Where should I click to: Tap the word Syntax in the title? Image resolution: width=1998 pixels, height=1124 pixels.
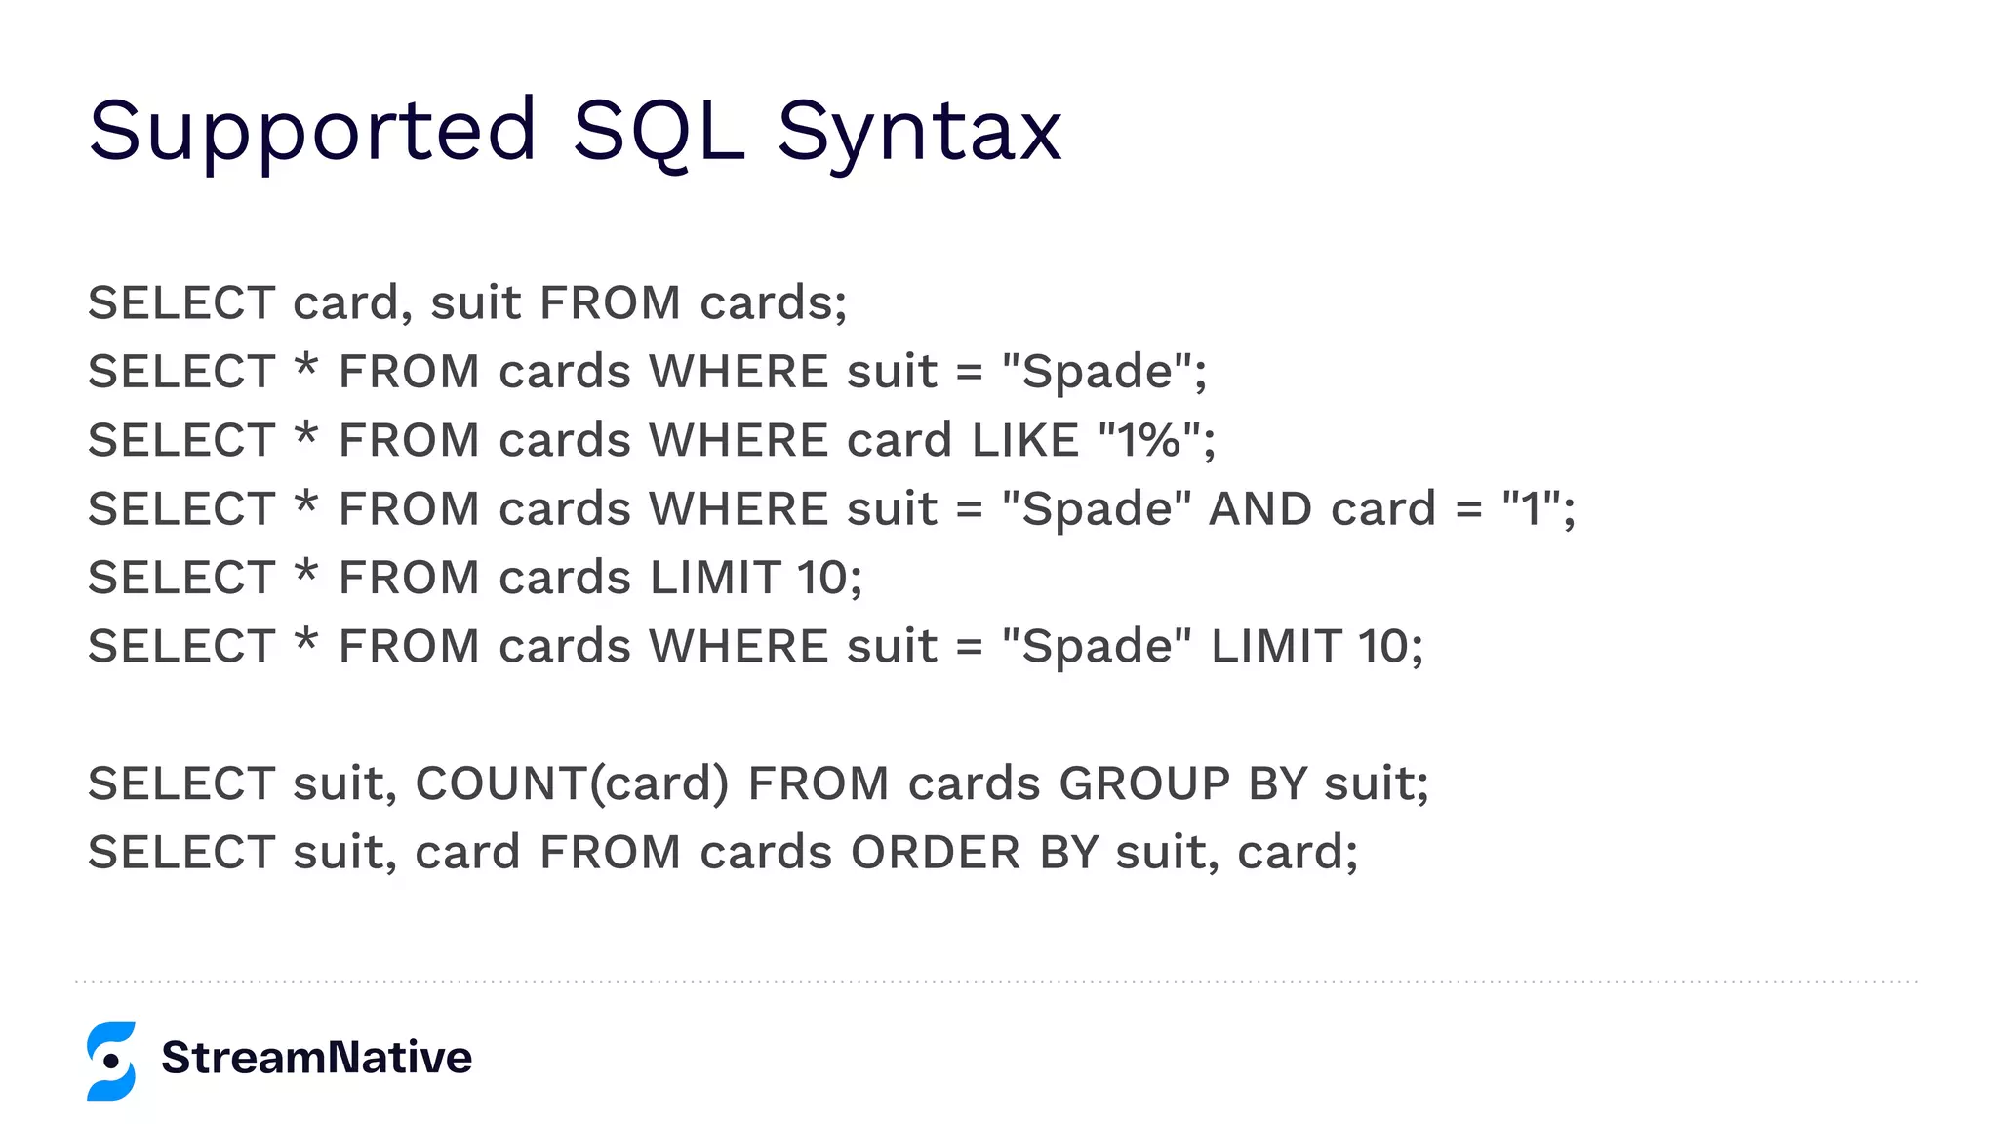pyautogui.click(x=919, y=132)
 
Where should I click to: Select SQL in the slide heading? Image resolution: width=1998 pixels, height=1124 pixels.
pyautogui.click(x=659, y=132)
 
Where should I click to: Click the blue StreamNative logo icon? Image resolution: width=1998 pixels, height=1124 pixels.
pyautogui.click(x=111, y=1061)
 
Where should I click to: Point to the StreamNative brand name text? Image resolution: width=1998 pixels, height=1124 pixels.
pyautogui.click(x=317, y=1058)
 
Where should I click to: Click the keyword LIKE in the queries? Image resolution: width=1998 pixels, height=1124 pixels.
pyautogui.click(x=1024, y=440)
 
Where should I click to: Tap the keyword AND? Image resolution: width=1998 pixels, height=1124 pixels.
pyautogui.click(x=1260, y=509)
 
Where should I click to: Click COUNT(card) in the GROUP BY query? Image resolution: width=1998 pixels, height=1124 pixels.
pyautogui.click(x=572, y=783)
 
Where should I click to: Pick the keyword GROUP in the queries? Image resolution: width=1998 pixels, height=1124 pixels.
pyautogui.click(x=1144, y=783)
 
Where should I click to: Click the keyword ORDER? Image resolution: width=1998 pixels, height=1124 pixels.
pyautogui.click(x=936, y=853)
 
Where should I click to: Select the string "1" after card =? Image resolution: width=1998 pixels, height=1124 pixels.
pyautogui.click(x=1530, y=509)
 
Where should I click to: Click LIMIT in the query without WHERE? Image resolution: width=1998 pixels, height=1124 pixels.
pyautogui.click(x=714, y=578)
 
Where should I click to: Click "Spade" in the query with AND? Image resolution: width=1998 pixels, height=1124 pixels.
pyautogui.click(x=1098, y=509)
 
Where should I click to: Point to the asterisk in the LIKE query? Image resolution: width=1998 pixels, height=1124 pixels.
pyautogui.click(x=306, y=435)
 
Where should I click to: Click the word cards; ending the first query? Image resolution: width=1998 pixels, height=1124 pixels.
pyautogui.click(x=774, y=303)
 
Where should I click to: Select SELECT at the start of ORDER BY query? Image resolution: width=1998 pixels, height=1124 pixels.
pyautogui.click(x=181, y=853)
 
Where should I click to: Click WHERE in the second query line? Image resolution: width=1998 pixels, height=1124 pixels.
pyautogui.click(x=739, y=372)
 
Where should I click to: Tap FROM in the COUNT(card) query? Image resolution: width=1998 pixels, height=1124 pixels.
pyautogui.click(x=819, y=783)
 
